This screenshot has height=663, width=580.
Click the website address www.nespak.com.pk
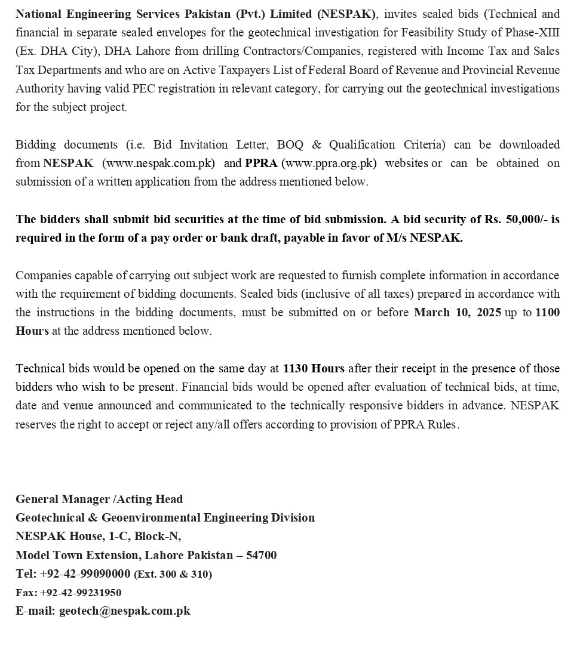point(159,163)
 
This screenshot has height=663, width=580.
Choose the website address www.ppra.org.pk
point(329,163)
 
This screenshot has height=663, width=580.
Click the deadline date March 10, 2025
point(458,312)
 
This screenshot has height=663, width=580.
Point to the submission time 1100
point(548,312)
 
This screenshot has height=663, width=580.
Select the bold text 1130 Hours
point(314,368)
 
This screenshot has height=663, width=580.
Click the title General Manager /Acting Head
point(99,499)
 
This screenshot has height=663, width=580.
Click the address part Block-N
point(158,536)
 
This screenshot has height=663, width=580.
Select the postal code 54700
point(261,555)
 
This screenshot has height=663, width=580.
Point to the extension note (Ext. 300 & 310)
point(173,574)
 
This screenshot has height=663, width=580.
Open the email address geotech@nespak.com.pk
point(124,610)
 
